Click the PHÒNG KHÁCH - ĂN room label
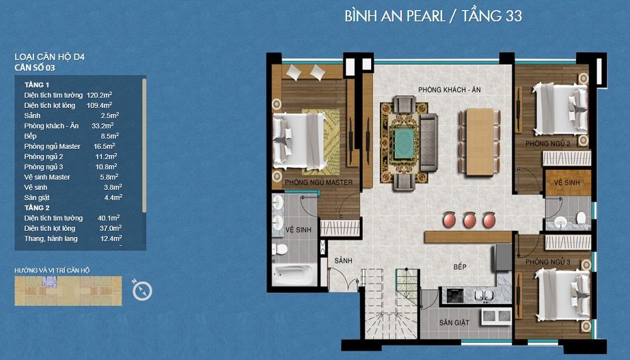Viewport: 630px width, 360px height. pyautogui.click(x=449, y=90)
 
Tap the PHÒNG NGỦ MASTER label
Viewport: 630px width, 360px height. pyautogui.click(x=319, y=182)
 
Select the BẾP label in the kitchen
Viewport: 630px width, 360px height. pyautogui.click(x=460, y=267)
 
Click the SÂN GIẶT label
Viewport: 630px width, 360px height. pyautogui.click(x=454, y=322)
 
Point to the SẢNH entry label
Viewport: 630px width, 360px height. pyautogui.click(x=343, y=260)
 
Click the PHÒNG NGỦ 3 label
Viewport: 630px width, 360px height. pyautogui.click(x=547, y=262)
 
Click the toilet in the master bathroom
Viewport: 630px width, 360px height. pyautogui.click(x=280, y=250)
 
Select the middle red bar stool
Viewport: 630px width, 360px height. pyautogui.click(x=470, y=220)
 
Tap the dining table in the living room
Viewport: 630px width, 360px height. pyautogui.click(x=479, y=142)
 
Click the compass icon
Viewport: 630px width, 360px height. pyautogui.click(x=142, y=291)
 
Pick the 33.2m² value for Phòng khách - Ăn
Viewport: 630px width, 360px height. pyautogui.click(x=103, y=125)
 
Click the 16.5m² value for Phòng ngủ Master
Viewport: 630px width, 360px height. pyautogui.click(x=105, y=146)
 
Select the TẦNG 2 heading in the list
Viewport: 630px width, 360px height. pyautogui.click(x=37, y=207)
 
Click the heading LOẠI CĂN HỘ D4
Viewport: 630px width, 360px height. pyautogui.click(x=49, y=57)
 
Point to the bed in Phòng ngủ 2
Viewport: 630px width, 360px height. pyautogui.click(x=559, y=108)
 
